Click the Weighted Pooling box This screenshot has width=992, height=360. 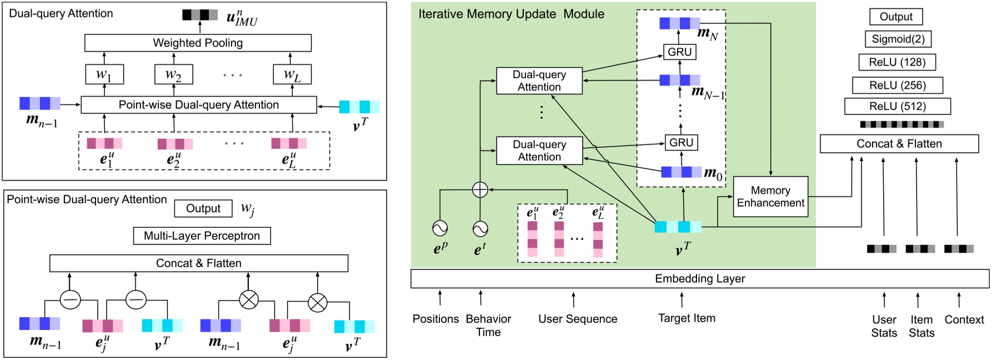pyautogui.click(x=198, y=43)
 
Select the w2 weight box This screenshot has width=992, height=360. pyautogui.click(x=173, y=74)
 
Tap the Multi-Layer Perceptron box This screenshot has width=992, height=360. pyautogui.click(x=202, y=236)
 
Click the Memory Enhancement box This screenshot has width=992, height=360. pyautogui.click(x=770, y=197)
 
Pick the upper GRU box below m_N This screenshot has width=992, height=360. pyautogui.click(x=679, y=52)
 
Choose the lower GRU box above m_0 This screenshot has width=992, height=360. pyautogui.click(x=681, y=142)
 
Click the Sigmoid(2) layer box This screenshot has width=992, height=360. pyautogui.click(x=898, y=39)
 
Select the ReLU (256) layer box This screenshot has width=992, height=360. pyautogui.click(x=897, y=85)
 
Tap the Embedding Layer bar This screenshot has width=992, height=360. pyautogui.click(x=699, y=278)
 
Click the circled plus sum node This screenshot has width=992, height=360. pyautogui.click(x=480, y=189)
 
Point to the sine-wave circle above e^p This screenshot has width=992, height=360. pyautogui.click(x=440, y=228)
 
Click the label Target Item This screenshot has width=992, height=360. pyautogui.click(x=687, y=318)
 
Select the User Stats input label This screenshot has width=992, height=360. pyautogui.click(x=884, y=326)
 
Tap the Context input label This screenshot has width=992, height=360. pyautogui.click(x=964, y=319)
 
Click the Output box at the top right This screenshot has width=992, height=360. pyautogui.click(x=895, y=17)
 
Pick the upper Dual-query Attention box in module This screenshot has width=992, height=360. pyautogui.click(x=539, y=81)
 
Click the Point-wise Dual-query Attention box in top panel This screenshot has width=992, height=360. pyautogui.click(x=198, y=105)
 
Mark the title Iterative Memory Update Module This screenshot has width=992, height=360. pyautogui.click(x=511, y=14)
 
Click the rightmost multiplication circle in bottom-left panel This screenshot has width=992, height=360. pyautogui.click(x=317, y=302)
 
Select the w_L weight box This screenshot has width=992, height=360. pyautogui.click(x=292, y=74)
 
